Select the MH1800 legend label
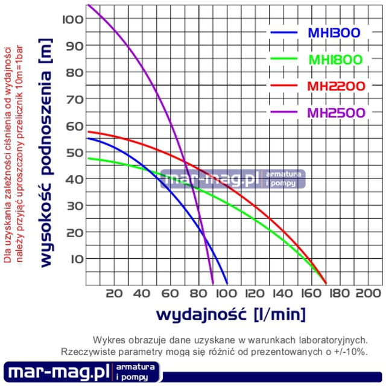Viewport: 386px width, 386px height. click(x=335, y=60)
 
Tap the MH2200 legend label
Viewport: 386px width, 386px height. click(x=335, y=86)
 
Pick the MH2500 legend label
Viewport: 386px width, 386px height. click(x=335, y=113)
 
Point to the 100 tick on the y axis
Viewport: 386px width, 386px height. click(x=72, y=19)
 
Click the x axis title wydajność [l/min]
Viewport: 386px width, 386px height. click(x=230, y=314)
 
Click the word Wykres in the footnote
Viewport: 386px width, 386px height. click(x=107, y=340)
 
